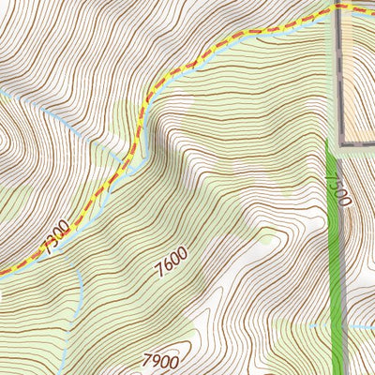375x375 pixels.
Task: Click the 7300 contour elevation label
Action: (55, 239)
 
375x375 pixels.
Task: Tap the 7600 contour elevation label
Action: (172, 260)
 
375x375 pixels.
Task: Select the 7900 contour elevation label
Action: (160, 360)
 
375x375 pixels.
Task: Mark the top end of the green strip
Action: (330, 142)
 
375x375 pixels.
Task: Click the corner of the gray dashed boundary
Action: (339, 145)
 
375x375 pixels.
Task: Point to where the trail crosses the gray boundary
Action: (338, 8)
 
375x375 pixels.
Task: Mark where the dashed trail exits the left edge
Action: (2, 273)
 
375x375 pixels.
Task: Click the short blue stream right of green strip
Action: (361, 326)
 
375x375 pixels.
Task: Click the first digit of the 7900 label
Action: (147, 357)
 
